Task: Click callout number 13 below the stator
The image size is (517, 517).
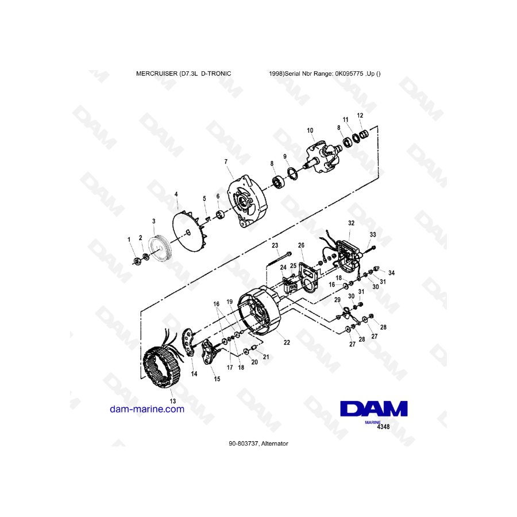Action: pyautogui.click(x=172, y=401)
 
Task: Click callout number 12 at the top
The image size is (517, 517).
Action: pyautogui.click(x=360, y=115)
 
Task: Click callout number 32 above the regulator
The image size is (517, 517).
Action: pyautogui.click(x=351, y=223)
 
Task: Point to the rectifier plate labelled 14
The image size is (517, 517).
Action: pyautogui.click(x=188, y=342)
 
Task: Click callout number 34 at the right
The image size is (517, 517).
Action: pyautogui.click(x=391, y=273)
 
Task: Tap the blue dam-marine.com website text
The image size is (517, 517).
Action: pyautogui.click(x=147, y=409)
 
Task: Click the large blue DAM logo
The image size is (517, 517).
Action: pyautogui.click(x=374, y=409)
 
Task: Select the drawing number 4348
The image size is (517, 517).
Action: pyautogui.click(x=383, y=427)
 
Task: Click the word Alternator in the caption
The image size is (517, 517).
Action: pyautogui.click(x=275, y=444)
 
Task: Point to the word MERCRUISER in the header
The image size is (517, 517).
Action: pyautogui.click(x=157, y=74)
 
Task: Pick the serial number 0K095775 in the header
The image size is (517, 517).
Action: pyautogui.click(x=349, y=74)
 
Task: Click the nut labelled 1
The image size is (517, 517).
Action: pyautogui.click(x=137, y=261)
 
